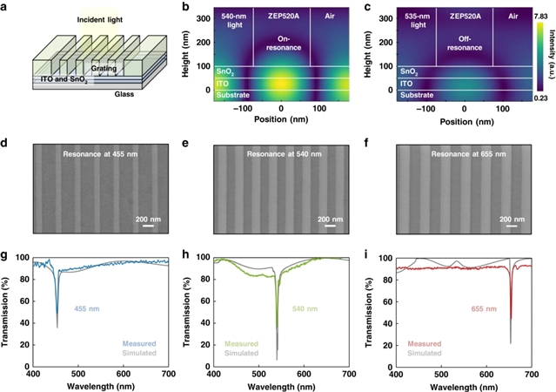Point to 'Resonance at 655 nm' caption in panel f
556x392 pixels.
[465, 155]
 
